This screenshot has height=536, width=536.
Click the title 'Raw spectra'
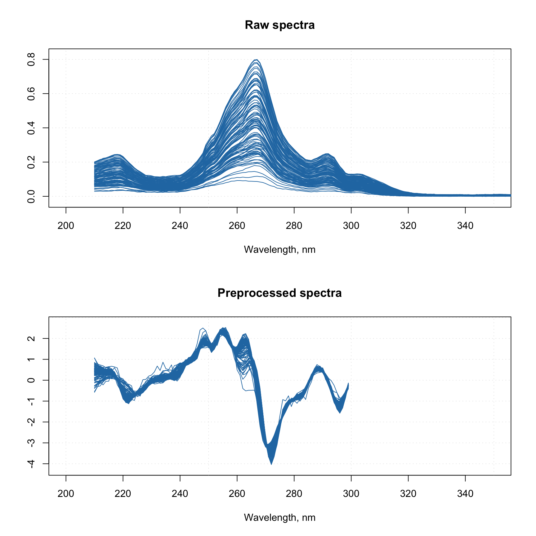pos(279,25)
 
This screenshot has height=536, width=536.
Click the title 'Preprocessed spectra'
pos(279,293)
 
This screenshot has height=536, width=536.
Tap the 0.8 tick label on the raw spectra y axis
pos(31,59)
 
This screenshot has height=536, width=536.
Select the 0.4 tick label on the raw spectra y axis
pos(31,128)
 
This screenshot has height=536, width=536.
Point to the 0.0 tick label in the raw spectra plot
pos(31,196)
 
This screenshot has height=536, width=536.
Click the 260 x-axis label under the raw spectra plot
pos(237,226)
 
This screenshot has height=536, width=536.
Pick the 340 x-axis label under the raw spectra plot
pos(465,226)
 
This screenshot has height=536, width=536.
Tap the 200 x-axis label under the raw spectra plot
pos(66,226)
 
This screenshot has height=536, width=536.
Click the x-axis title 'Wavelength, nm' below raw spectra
pos(279,250)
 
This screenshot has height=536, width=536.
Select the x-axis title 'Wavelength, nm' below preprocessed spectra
pos(279,518)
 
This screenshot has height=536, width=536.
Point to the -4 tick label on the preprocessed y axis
pos(31,464)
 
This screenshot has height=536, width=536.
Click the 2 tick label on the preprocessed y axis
pos(31,338)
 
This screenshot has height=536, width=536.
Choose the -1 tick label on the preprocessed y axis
pos(31,401)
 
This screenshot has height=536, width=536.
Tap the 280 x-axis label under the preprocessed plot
pos(294,494)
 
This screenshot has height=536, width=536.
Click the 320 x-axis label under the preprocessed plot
pos(408,494)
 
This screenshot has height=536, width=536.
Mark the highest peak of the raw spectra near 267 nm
pos(257,60)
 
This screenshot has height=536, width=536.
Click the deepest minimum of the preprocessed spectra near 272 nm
pos(271,464)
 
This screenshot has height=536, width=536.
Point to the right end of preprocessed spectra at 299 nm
pos(348,384)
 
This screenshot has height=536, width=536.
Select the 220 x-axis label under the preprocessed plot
pos(123,494)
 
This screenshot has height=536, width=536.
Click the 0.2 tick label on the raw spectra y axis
pos(31,162)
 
